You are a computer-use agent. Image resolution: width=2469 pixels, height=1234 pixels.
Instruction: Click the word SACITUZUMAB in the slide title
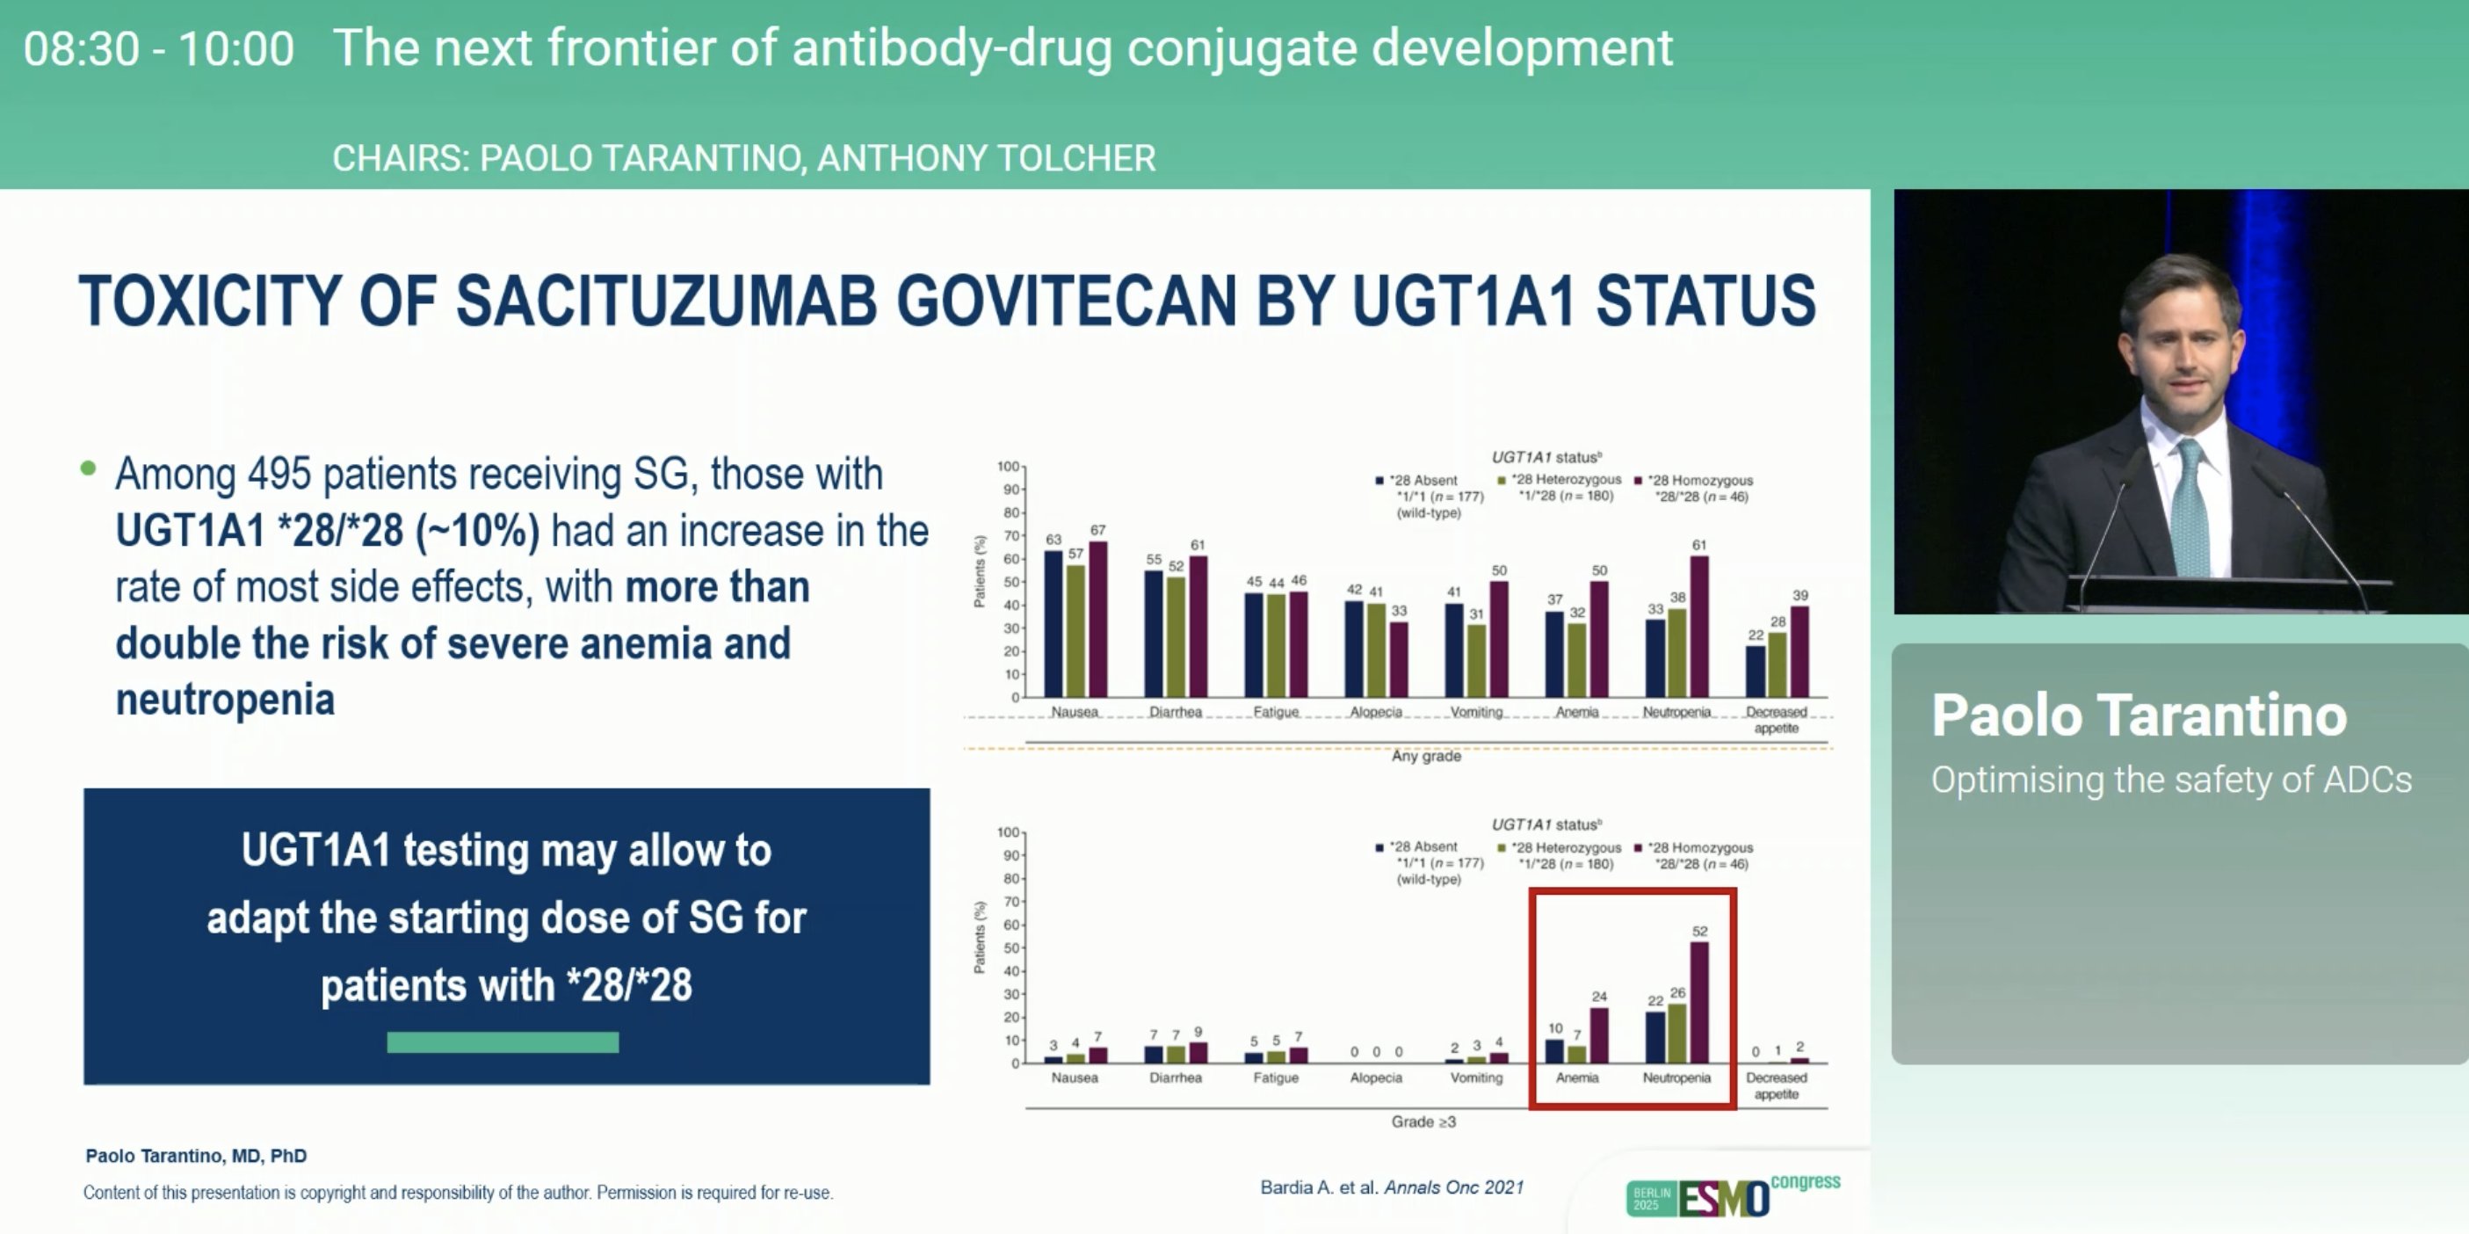(665, 301)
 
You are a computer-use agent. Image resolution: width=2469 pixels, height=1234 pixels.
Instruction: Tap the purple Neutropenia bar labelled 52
(1698, 1002)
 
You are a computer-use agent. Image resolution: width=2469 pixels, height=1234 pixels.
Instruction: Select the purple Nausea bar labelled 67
(1097, 620)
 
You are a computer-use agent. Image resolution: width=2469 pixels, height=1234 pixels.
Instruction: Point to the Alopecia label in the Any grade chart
(1375, 713)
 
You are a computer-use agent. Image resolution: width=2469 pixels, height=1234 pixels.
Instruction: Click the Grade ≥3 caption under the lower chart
(1423, 1121)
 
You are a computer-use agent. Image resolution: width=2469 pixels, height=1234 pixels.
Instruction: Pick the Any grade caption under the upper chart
(1426, 757)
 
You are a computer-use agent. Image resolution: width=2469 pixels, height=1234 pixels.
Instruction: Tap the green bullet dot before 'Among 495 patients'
(88, 468)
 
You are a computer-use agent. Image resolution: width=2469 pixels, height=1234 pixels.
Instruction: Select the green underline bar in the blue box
(503, 1042)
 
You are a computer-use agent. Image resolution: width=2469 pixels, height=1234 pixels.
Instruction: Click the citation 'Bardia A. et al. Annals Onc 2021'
(1391, 1188)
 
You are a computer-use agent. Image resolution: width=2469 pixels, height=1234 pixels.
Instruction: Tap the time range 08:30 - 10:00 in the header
(159, 49)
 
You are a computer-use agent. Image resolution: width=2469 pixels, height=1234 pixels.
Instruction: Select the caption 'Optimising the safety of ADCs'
(2171, 780)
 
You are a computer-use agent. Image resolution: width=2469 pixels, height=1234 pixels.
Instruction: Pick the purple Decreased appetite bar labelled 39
(1799, 652)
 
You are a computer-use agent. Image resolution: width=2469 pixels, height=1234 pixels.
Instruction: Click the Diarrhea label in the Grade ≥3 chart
(1175, 1078)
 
